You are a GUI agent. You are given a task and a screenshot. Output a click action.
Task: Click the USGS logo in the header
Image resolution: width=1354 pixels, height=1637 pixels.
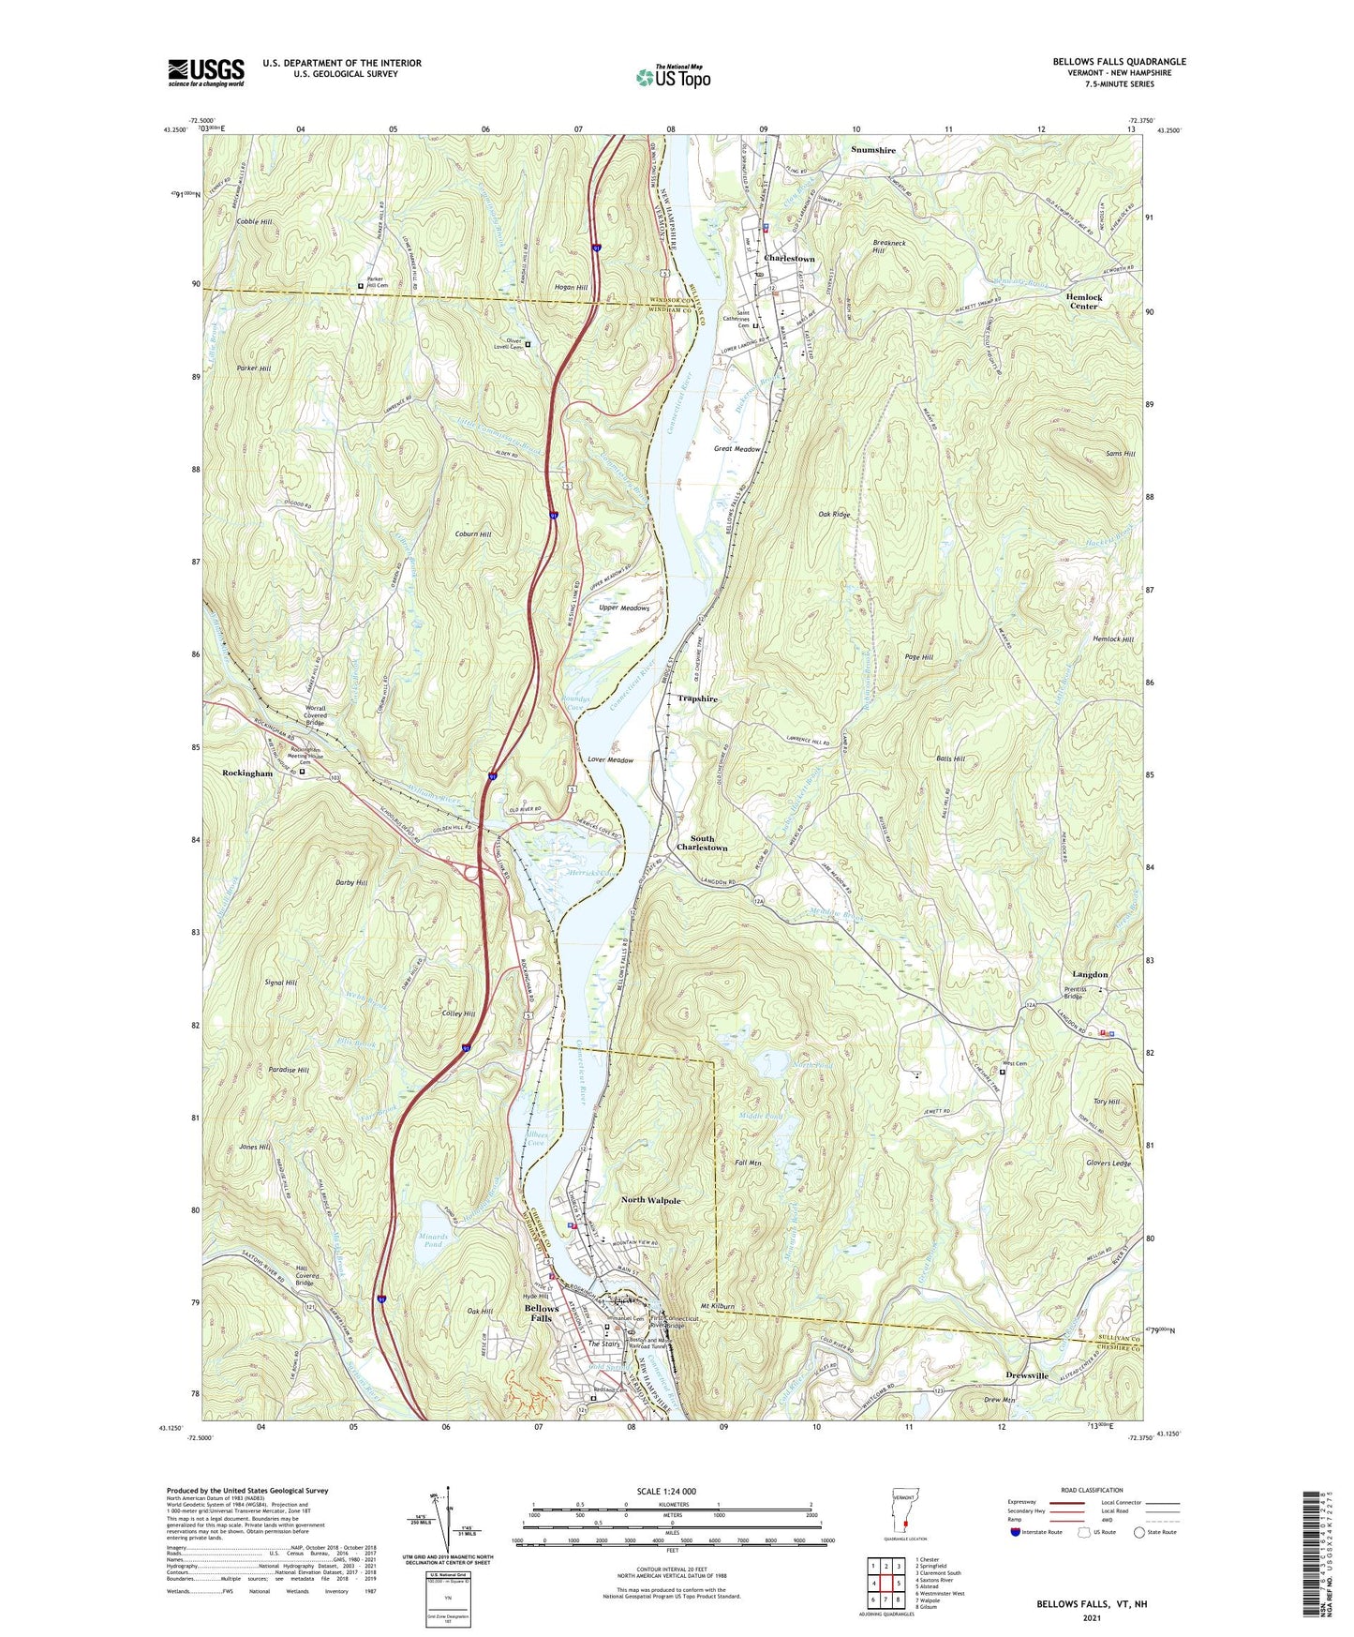click(x=205, y=71)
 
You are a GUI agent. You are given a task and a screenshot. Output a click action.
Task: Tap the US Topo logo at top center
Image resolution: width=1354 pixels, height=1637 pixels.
click(x=672, y=78)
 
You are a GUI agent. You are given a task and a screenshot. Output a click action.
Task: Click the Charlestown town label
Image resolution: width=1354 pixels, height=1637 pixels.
click(x=789, y=258)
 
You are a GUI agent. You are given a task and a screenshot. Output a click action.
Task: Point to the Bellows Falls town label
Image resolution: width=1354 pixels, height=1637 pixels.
click(x=542, y=1313)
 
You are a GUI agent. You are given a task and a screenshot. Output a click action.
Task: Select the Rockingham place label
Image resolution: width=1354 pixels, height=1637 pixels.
click(x=247, y=773)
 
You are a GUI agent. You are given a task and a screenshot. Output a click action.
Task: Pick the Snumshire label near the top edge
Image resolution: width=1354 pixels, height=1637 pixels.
click(x=872, y=150)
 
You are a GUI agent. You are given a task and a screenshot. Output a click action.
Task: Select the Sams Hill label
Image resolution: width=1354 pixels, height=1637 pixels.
click(x=1120, y=454)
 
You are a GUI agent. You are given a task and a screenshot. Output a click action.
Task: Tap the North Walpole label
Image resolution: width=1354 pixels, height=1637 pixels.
click(x=651, y=1200)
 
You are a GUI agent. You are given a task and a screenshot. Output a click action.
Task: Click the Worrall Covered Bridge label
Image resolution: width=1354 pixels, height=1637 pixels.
click(x=314, y=715)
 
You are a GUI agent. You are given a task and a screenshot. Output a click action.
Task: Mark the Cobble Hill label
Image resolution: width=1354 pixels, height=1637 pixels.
click(x=254, y=221)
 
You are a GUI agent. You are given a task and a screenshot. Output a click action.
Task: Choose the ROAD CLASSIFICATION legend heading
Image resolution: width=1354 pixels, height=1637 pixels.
click(x=1092, y=1490)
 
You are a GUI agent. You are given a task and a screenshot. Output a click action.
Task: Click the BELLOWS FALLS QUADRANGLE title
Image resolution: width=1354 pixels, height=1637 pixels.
click(x=1119, y=62)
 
